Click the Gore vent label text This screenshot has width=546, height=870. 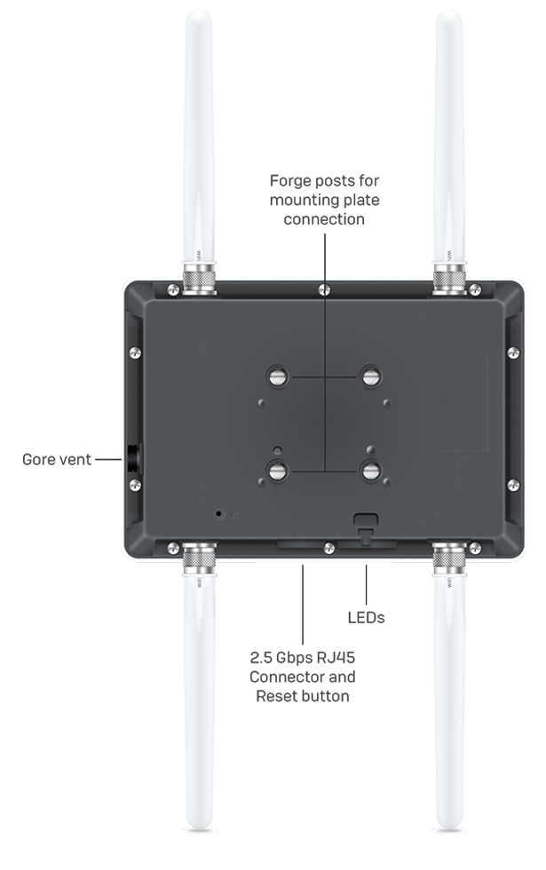pyautogui.click(x=57, y=459)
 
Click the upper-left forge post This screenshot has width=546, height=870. pyautogui.click(x=277, y=376)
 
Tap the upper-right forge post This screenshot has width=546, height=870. pyautogui.click(x=371, y=376)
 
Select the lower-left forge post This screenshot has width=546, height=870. pyautogui.click(x=277, y=470)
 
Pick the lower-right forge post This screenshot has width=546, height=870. pyautogui.click(x=371, y=470)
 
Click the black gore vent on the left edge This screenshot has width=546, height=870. pyautogui.click(x=130, y=459)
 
